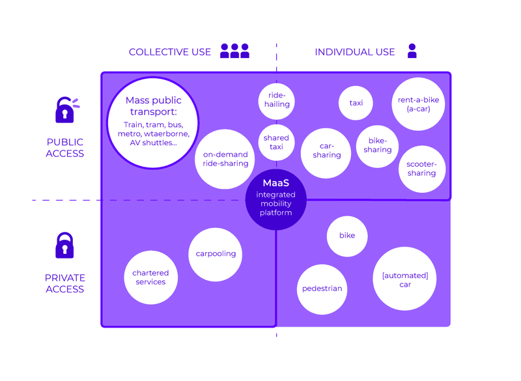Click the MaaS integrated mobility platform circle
[x=276, y=199]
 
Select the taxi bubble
[x=356, y=103]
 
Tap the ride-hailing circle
[x=277, y=100]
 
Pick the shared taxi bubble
[x=277, y=142]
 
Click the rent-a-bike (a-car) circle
[x=418, y=104]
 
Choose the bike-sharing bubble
[x=378, y=146]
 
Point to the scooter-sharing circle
[x=421, y=169]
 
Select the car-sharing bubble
[x=326, y=151]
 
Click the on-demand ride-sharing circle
[x=225, y=159]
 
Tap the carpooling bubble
[x=216, y=254]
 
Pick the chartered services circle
[x=150, y=277]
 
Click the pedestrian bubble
[x=322, y=289]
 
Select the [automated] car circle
[x=404, y=279]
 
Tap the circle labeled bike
[x=347, y=235]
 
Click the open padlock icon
[x=65, y=110]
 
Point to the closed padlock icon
[x=64, y=246]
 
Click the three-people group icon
[x=234, y=51]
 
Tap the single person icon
[x=412, y=51]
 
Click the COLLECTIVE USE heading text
[x=170, y=52]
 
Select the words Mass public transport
[x=154, y=106]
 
